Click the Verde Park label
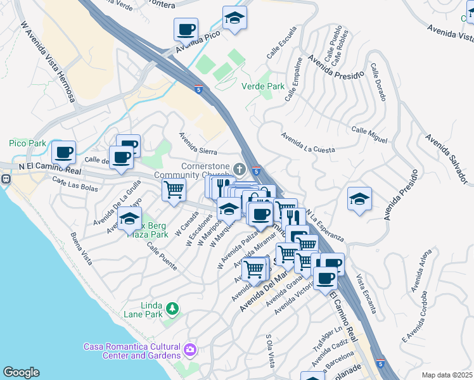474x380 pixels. (x=263, y=86)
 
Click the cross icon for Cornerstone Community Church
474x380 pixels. (x=239, y=168)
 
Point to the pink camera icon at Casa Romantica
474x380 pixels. (x=189, y=350)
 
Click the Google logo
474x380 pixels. (x=21, y=372)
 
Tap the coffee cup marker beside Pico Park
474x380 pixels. (x=63, y=153)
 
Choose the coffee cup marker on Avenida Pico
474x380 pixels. (x=186, y=29)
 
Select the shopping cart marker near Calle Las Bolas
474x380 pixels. (x=174, y=189)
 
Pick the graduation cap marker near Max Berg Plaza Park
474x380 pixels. (x=130, y=219)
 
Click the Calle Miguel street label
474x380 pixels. (x=369, y=134)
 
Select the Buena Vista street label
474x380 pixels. (x=82, y=248)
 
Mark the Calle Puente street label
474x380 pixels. (x=162, y=256)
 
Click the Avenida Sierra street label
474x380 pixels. (x=198, y=144)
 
